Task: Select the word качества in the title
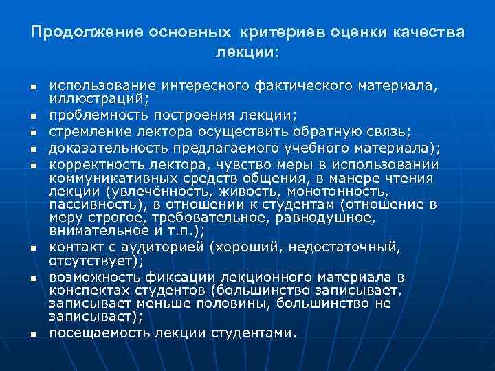429,32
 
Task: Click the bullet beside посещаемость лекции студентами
32,335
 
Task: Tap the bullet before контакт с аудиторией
32,248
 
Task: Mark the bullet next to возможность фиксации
32,278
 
